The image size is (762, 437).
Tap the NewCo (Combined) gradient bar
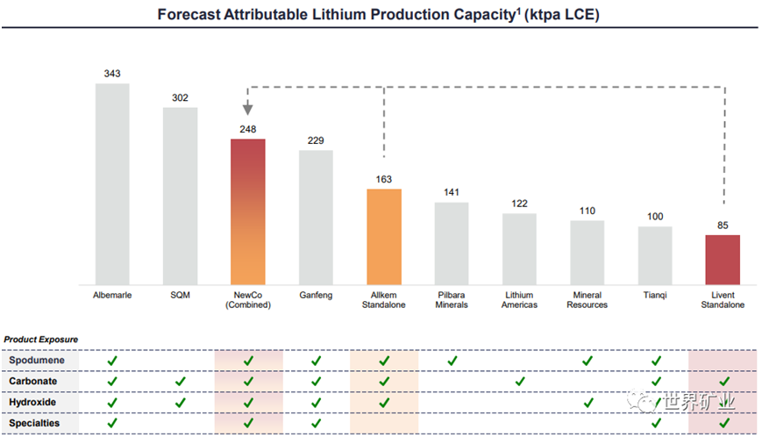248,211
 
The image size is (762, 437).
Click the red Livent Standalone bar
723,258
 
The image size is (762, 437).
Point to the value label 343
112,74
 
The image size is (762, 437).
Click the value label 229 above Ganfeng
316,140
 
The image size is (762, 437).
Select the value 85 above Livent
723,225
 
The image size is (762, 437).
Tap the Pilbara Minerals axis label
452,300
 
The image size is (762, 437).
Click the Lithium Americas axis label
519,300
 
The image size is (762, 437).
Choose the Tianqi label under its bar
655,296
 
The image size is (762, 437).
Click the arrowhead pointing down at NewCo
248,110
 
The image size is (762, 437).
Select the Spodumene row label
34,361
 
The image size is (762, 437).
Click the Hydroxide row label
33,403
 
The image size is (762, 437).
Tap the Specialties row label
34,424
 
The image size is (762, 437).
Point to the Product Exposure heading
40,339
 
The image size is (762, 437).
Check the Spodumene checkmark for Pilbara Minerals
452,361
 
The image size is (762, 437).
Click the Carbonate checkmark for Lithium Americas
519,382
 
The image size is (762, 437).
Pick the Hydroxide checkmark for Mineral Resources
588,403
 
